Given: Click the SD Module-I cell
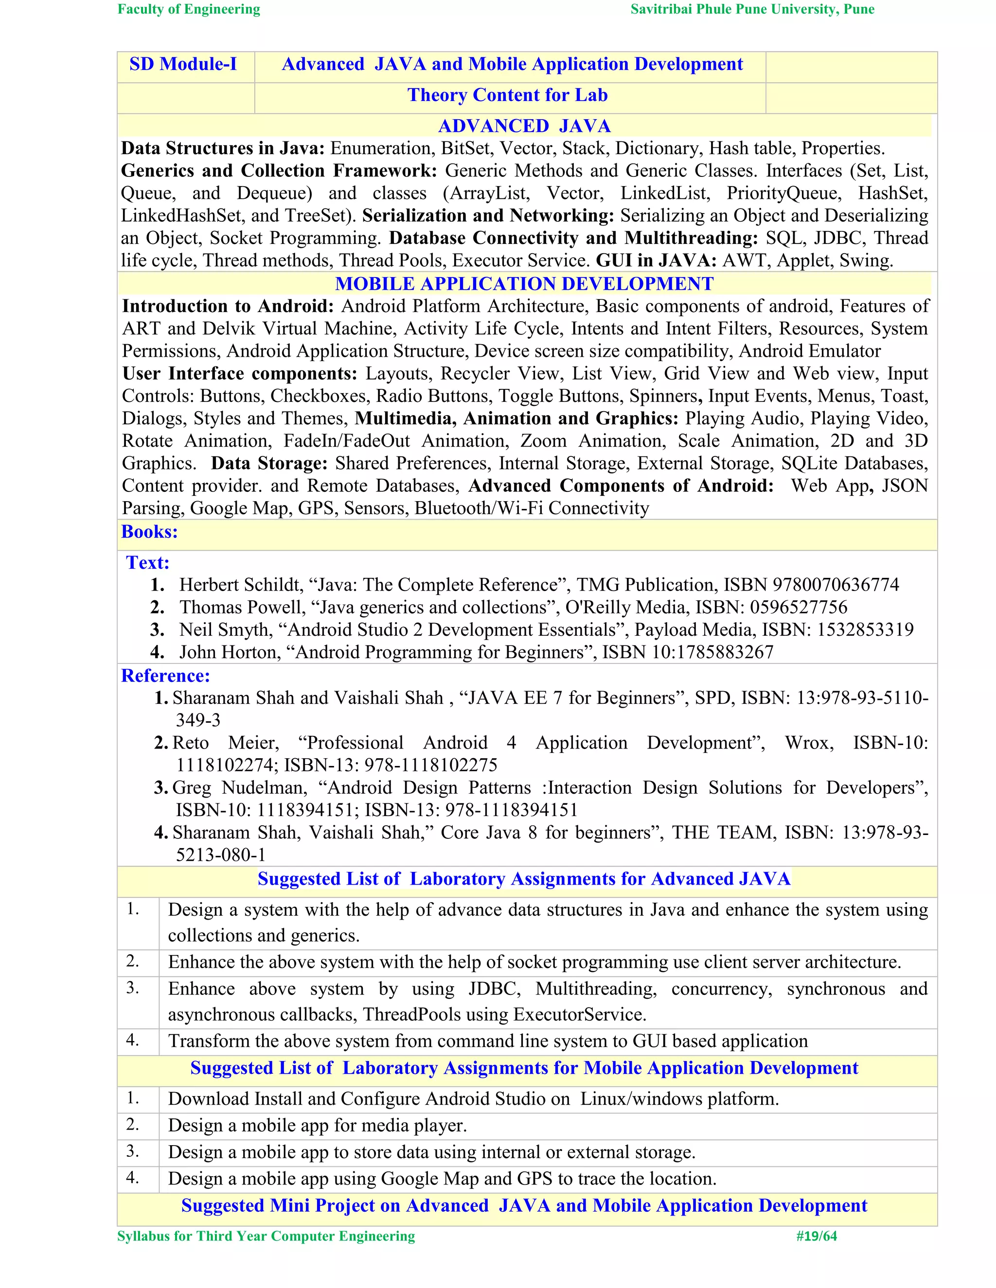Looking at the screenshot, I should point(183,64).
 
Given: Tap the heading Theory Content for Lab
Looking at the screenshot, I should point(507,95).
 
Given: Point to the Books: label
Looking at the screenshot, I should point(149,532).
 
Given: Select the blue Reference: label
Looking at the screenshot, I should point(165,676).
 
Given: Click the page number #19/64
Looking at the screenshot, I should point(816,1236).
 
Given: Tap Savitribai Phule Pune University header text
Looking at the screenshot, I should point(752,9).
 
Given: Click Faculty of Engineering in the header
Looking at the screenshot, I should point(189,9).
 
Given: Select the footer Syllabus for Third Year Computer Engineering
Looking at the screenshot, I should point(266,1236).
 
